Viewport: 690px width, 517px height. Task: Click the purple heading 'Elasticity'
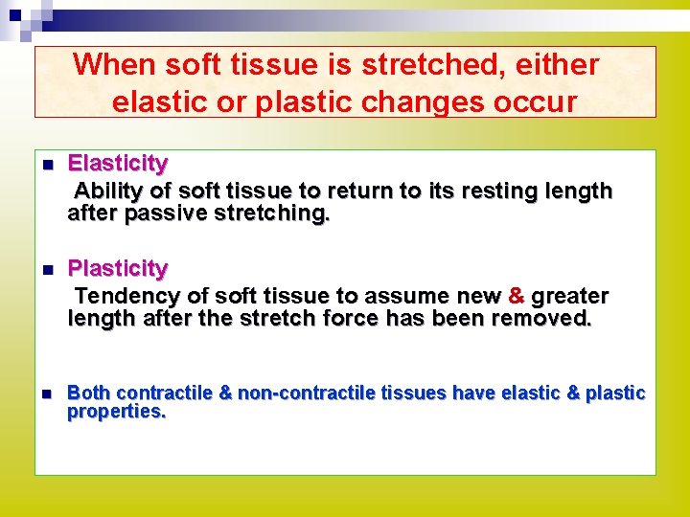tap(117, 164)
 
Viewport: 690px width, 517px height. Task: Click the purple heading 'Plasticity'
tap(117, 268)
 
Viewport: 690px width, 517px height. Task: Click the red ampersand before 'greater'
tap(517, 297)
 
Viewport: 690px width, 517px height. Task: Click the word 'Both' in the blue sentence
tap(89, 393)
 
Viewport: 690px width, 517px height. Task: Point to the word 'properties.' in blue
tap(116, 412)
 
